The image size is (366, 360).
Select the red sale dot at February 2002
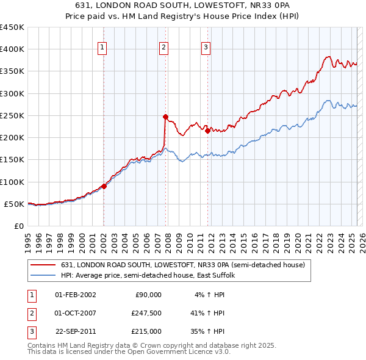[x=104, y=187]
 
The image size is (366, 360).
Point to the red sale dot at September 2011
[x=208, y=131]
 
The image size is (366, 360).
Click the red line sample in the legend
[x=43, y=265]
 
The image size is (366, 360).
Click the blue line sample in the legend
[x=43, y=276]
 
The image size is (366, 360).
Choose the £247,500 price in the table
[x=146, y=313]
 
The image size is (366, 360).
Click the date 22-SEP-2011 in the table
[x=75, y=331]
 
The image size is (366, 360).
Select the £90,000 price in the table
[x=148, y=295]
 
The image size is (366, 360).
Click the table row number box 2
[x=31, y=313]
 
